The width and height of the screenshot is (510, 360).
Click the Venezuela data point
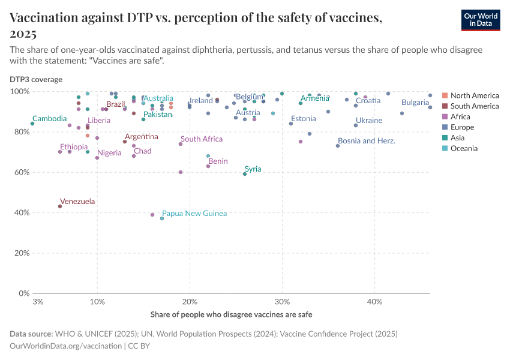(60, 206)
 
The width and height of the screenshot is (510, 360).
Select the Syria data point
(245, 174)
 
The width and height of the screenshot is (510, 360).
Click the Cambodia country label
(49, 119)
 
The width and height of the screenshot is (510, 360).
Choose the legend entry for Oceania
(464, 148)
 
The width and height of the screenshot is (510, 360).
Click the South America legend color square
(444, 106)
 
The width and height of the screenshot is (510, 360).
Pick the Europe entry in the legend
(462, 127)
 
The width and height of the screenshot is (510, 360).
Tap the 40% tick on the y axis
(22, 212)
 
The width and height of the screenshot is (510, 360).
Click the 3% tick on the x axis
(38, 301)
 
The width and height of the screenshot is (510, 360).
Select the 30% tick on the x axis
(282, 301)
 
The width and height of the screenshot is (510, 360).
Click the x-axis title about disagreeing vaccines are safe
(231, 314)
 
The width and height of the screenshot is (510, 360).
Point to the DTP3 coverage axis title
(35, 79)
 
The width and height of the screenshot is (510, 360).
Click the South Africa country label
(202, 139)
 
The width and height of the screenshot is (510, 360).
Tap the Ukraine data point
(356, 125)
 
